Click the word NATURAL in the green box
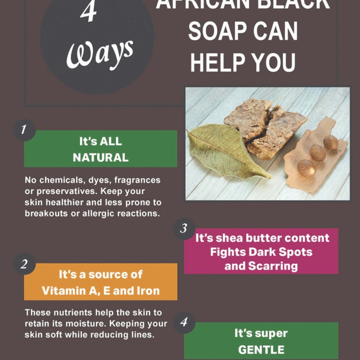[x=101, y=158]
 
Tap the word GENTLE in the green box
[x=261, y=350]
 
